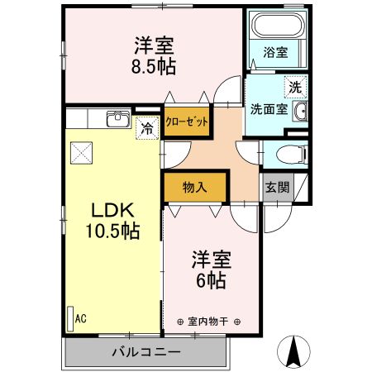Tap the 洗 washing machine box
tap(294, 84)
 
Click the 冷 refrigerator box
tap(147, 128)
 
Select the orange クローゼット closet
tap(186, 120)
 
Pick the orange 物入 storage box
tap(194, 188)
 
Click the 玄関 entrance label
tap(277, 187)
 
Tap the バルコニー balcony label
tap(146, 353)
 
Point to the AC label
tap(81, 317)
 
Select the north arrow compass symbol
tap(293, 353)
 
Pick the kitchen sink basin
tap(117, 119)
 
